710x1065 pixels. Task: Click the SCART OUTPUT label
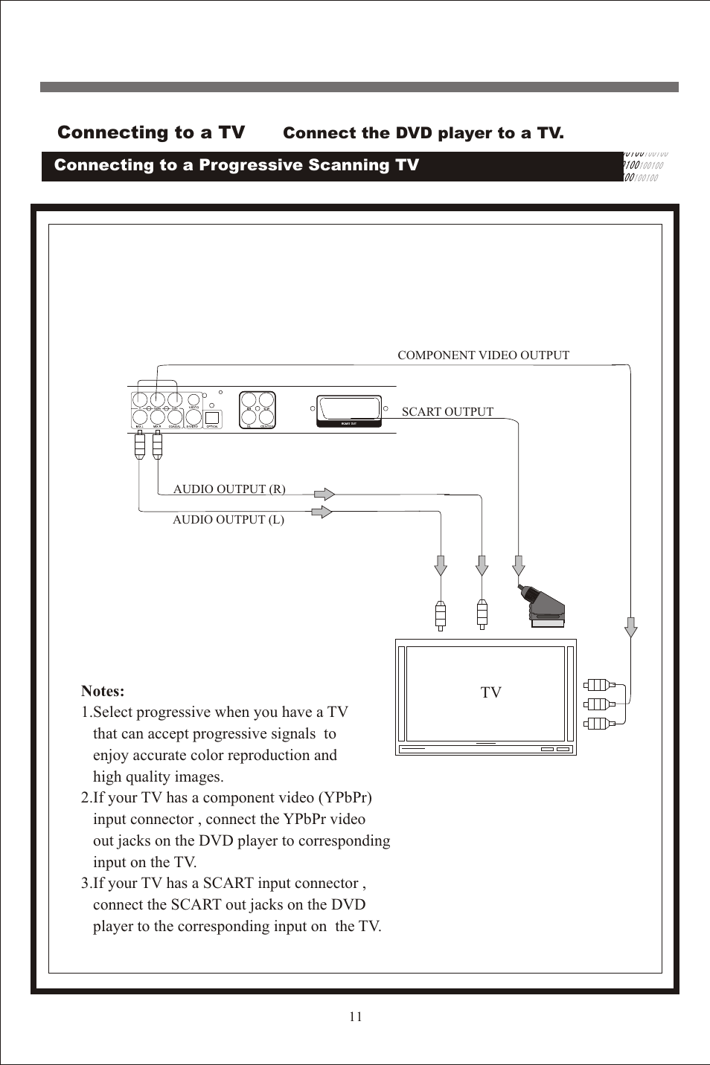(447, 412)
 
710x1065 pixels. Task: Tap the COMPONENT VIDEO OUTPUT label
(483, 355)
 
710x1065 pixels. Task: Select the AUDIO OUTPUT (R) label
(229, 489)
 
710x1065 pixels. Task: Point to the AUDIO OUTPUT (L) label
(228, 520)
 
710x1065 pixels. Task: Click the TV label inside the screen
(490, 692)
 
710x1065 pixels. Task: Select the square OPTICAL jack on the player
(212, 418)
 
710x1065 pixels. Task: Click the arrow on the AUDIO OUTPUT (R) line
(324, 494)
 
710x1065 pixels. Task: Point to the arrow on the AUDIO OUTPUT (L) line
(322, 512)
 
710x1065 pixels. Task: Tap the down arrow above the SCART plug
(519, 565)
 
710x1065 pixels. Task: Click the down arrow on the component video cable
(631, 627)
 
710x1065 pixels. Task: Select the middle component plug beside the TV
(598, 704)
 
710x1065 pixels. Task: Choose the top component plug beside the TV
(598, 684)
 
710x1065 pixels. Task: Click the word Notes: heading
(103, 691)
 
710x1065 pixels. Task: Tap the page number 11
(356, 1017)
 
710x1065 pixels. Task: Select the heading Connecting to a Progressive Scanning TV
(237, 165)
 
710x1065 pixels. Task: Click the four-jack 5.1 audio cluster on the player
(258, 409)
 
